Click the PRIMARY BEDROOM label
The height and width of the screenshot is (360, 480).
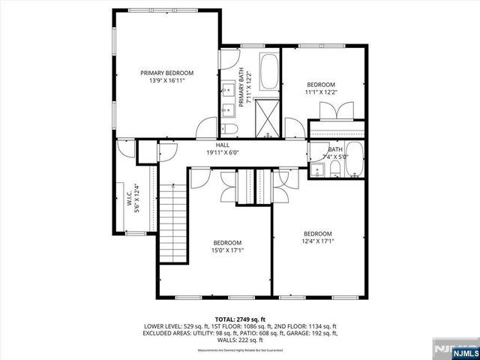[x=167, y=73]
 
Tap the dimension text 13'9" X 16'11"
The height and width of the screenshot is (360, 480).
[x=167, y=81]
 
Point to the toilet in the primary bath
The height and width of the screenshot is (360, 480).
[x=230, y=130]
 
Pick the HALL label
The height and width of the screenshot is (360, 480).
[x=223, y=145]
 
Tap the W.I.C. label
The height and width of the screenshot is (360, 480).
[x=129, y=201]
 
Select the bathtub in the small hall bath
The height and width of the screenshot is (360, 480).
[x=355, y=161]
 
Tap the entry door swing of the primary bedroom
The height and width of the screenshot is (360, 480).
[x=205, y=127]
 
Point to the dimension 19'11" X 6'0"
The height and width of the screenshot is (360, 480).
[x=223, y=152]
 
